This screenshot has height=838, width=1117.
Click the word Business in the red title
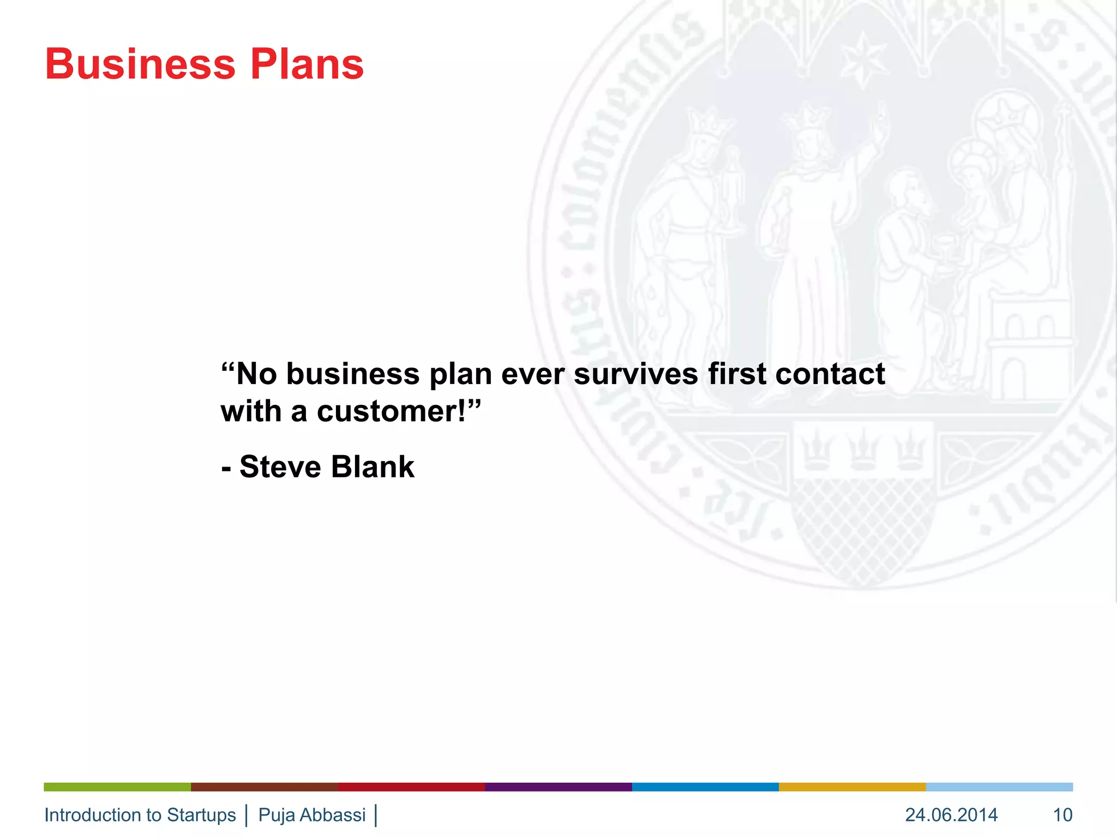point(140,64)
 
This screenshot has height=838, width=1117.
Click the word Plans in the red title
point(307,64)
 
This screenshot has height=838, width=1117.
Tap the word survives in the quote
point(636,374)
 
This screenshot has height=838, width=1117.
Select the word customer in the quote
point(390,411)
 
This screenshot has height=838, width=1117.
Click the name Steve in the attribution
point(280,467)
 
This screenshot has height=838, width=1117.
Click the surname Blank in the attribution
point(373,467)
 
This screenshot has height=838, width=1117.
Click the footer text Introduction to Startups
point(140,815)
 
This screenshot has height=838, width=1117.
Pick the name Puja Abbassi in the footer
point(312,815)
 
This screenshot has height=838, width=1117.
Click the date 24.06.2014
point(951,815)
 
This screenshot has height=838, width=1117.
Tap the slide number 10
point(1062,815)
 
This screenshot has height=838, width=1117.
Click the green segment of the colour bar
point(117,787)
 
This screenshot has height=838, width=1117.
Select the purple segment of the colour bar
point(558,787)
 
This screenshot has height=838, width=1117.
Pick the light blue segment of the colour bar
point(999,787)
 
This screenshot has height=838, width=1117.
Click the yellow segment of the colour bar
point(852,787)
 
